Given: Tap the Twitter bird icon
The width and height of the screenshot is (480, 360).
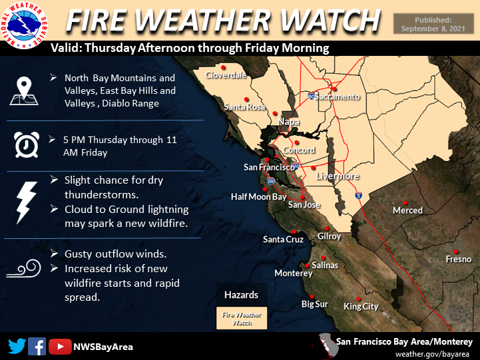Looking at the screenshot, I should point(17,346).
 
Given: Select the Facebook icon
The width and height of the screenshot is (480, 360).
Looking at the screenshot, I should point(37,346).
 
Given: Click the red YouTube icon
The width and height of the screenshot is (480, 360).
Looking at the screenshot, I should point(60,346).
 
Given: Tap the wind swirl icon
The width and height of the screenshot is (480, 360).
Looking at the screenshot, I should point(25,270).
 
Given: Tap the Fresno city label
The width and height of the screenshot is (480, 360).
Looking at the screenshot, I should point(459,259).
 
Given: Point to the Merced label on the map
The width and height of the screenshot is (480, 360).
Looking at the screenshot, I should point(407,210).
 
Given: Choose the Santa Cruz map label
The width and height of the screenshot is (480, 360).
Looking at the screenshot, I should point(283,240).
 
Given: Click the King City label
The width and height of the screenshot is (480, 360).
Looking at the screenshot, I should point(361,307).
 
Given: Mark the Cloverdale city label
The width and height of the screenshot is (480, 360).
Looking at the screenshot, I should point(226,76).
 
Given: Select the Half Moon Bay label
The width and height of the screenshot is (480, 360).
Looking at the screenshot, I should point(258,197).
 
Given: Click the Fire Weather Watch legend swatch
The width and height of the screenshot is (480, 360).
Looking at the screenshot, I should point(241,318).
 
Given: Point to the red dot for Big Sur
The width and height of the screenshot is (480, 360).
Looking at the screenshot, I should point(311,296).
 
